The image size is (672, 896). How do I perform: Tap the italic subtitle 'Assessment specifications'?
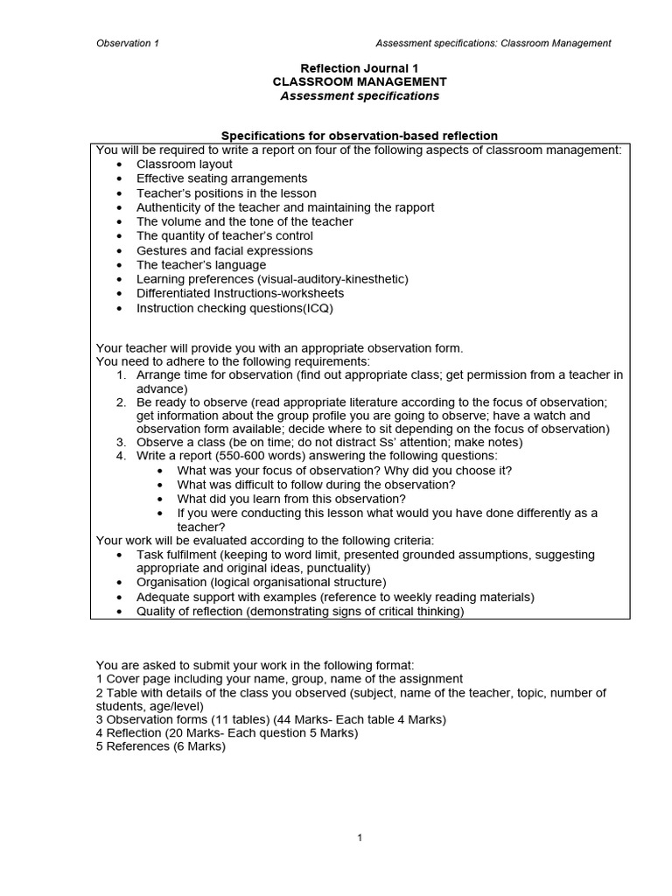[360, 95]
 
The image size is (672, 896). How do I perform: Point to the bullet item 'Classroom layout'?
[184, 164]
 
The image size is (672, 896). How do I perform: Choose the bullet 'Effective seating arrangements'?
[223, 178]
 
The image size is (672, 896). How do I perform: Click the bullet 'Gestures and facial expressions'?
[224, 250]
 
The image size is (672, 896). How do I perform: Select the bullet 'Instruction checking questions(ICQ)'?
[234, 308]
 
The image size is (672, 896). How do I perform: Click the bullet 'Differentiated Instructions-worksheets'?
[240, 293]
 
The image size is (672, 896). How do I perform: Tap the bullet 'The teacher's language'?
[200, 264]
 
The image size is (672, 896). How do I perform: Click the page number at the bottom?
[360, 837]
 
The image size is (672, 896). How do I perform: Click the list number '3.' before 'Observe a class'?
[122, 442]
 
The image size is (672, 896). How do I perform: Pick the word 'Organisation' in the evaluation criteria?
[171, 582]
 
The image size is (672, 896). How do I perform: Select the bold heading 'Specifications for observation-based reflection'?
[359, 136]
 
